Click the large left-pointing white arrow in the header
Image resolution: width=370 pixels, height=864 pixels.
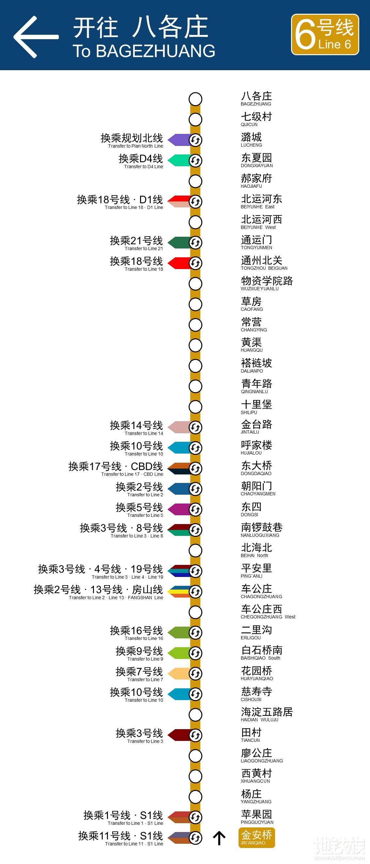(36, 37)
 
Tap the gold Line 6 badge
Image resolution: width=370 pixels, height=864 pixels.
(325, 35)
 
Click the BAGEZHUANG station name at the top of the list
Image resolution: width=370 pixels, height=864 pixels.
(256, 99)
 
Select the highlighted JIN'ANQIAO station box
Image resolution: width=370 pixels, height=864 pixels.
(256, 838)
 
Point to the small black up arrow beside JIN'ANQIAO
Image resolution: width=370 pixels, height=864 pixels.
(219, 838)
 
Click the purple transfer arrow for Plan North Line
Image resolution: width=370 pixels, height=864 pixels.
(179, 140)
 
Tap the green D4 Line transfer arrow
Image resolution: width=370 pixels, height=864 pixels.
(179, 160)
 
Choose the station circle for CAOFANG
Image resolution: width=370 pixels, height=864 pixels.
(195, 304)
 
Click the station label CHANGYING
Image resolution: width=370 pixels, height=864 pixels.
(254, 325)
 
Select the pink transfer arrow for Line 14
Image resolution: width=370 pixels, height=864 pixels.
(179, 427)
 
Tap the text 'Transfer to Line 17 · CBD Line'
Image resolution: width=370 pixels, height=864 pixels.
(132, 474)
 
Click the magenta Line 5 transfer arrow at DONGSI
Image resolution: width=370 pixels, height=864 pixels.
(179, 509)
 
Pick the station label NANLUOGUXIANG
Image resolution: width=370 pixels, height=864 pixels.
(261, 530)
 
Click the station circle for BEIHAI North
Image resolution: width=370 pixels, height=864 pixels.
(195, 551)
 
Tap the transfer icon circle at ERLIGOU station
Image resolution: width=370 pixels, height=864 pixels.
(195, 632)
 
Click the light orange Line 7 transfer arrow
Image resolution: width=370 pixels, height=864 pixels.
(179, 674)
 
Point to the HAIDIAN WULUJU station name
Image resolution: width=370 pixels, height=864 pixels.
(267, 714)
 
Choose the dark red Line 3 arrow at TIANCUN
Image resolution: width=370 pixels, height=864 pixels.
(179, 735)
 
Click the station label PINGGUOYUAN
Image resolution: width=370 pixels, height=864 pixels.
(257, 817)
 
